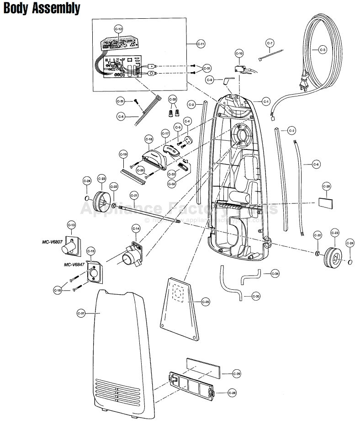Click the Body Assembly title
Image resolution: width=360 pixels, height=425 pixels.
pyautogui.click(x=42, y=9)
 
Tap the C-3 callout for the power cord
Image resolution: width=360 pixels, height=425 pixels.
pyautogui.click(x=323, y=49)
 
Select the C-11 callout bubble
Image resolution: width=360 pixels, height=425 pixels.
pyautogui.click(x=201, y=44)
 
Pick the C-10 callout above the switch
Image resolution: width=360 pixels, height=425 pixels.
pyautogui.click(x=239, y=53)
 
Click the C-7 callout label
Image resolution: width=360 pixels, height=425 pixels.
pyautogui.click(x=270, y=43)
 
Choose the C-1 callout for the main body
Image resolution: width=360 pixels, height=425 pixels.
pyautogui.click(x=266, y=101)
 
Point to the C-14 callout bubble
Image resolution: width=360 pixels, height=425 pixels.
pyautogui.click(x=136, y=228)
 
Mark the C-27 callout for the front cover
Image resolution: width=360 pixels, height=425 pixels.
pyautogui.click(x=81, y=313)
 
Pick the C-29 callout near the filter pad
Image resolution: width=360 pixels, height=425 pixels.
pyautogui.click(x=236, y=373)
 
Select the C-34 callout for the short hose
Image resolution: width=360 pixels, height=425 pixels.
pyautogui.click(x=275, y=273)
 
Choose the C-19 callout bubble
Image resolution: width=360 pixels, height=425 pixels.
pyautogui.click(x=123, y=154)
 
